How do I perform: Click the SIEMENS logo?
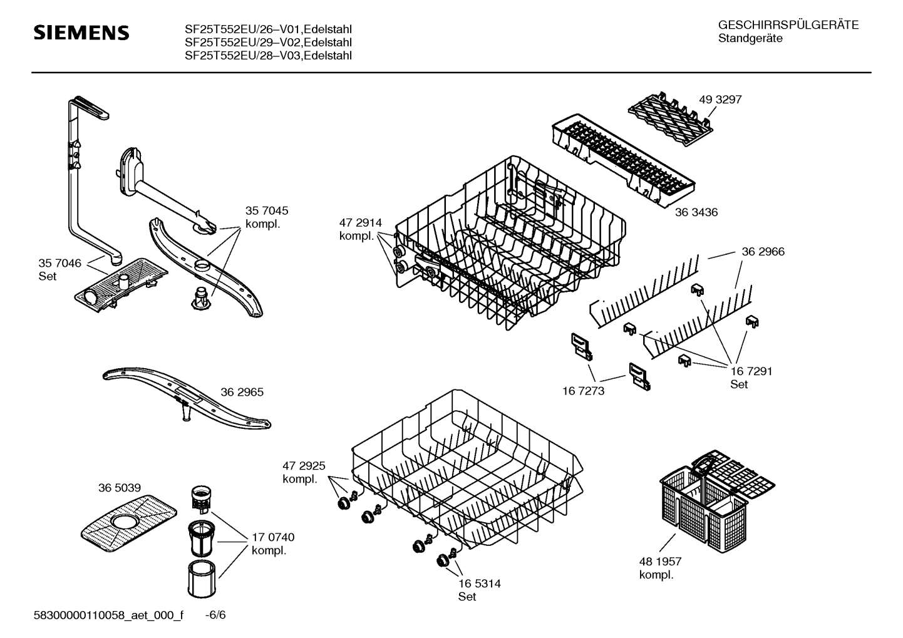pos(81,33)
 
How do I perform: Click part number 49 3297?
pos(720,100)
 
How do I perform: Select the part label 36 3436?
pos(696,212)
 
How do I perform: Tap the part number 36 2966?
pos(763,252)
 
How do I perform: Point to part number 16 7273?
pos(583,391)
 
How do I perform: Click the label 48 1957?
pos(660,562)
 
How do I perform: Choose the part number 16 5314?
pos(479,584)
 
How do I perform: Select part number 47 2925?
pos(304,466)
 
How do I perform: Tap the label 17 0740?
pos(273,537)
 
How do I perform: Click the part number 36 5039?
pos(119,488)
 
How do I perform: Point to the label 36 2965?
pos(242,392)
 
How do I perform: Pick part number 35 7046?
pos(59,264)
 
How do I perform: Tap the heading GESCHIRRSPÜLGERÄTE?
pos(788,25)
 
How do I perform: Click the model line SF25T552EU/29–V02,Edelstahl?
pos(268,42)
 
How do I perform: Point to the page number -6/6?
pos(215,615)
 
